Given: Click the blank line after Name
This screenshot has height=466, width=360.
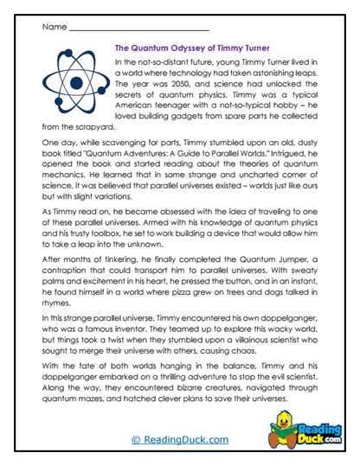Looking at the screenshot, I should click(x=138, y=29).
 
